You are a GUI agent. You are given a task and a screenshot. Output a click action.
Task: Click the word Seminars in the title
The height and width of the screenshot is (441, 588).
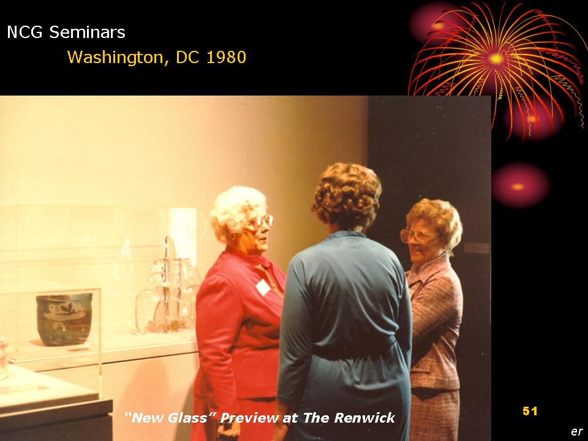click(88, 32)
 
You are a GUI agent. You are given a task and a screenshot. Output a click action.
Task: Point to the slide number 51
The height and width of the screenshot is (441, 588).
click(530, 411)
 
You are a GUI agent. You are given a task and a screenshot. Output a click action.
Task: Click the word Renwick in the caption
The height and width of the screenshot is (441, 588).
click(364, 417)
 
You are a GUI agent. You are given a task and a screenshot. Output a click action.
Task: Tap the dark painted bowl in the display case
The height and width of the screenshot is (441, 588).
click(64, 319)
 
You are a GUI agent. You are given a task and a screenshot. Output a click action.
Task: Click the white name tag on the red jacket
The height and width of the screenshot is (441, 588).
click(263, 287)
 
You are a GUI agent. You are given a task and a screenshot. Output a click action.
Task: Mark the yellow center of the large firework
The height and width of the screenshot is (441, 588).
click(496, 59)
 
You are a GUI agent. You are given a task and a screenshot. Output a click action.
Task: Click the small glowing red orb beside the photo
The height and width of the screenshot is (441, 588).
click(520, 186)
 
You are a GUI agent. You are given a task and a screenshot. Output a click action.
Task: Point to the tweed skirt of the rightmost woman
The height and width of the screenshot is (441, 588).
click(435, 415)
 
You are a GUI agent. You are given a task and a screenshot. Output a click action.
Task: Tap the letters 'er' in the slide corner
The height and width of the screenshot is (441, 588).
click(577, 432)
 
